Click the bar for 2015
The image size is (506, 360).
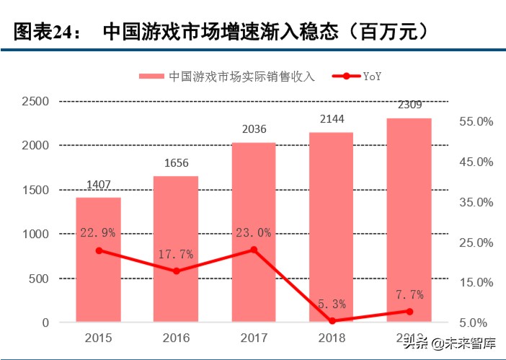99,260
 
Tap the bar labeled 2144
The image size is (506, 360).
332,227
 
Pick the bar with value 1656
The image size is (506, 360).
176,249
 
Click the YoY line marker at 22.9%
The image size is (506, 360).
99,250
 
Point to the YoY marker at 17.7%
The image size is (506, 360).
176,271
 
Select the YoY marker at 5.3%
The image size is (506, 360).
332,321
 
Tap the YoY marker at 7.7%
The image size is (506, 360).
409,312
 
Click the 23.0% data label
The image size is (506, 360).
254,232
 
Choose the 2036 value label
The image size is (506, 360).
254,130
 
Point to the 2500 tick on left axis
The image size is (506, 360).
35,101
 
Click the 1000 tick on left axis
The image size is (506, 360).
35,234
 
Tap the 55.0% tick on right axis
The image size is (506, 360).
476,122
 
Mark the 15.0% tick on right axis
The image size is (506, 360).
476,283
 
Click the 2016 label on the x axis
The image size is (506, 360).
176,338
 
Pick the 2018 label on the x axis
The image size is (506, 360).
332,338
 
